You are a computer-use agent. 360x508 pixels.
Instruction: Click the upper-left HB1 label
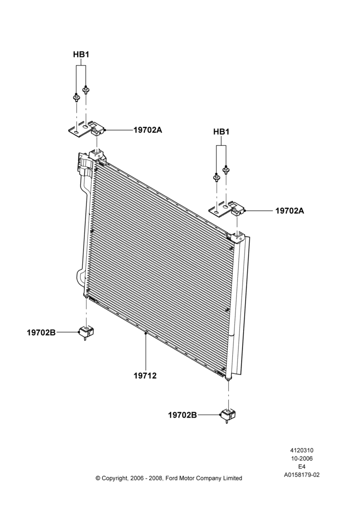coord(81,54)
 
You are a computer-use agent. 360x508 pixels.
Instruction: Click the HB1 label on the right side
coord(221,132)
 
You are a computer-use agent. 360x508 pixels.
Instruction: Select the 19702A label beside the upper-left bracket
coord(147,130)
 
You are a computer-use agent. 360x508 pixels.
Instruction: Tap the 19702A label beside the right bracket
coord(290,211)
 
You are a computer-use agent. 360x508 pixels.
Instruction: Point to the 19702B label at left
coord(41,332)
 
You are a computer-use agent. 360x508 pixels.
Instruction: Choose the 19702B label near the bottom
coord(182,415)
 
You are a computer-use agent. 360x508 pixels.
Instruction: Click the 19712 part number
coord(145,376)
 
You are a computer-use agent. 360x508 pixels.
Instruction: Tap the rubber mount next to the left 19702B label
coord(85,332)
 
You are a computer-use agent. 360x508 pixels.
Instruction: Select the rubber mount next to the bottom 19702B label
coord(229,415)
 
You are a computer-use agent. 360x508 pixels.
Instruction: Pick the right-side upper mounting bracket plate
coord(227,209)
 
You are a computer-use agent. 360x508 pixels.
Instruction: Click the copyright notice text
coord(169,478)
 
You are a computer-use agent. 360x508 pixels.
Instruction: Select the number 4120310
coord(302,450)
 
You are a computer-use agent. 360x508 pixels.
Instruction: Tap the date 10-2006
coord(302,458)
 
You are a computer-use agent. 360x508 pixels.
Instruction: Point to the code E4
coord(302,467)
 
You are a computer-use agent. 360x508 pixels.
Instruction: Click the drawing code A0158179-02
coord(302,475)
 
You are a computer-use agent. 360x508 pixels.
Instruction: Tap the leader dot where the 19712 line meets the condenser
coord(146,333)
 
